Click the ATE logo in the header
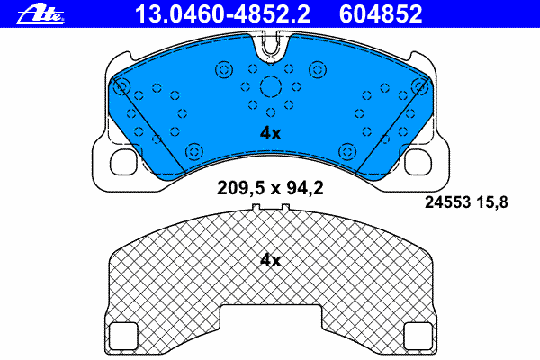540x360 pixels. coord(40,14)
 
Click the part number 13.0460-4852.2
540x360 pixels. coord(223,14)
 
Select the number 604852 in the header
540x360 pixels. coord(381,14)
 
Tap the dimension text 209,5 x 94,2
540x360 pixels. coord(270,188)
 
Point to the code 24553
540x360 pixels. coord(447,202)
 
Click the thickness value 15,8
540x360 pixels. coord(492,202)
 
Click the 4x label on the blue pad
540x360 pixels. coord(270,133)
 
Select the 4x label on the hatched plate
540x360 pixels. coord(270,260)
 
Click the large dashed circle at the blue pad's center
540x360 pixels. coord(271,86)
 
